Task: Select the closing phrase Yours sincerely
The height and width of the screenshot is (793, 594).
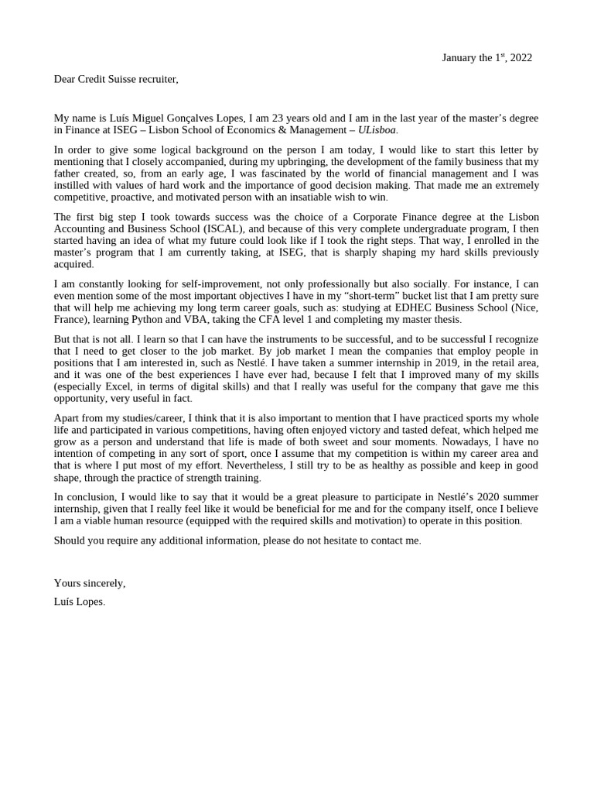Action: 89,583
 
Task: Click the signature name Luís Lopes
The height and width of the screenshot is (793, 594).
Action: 79,601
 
